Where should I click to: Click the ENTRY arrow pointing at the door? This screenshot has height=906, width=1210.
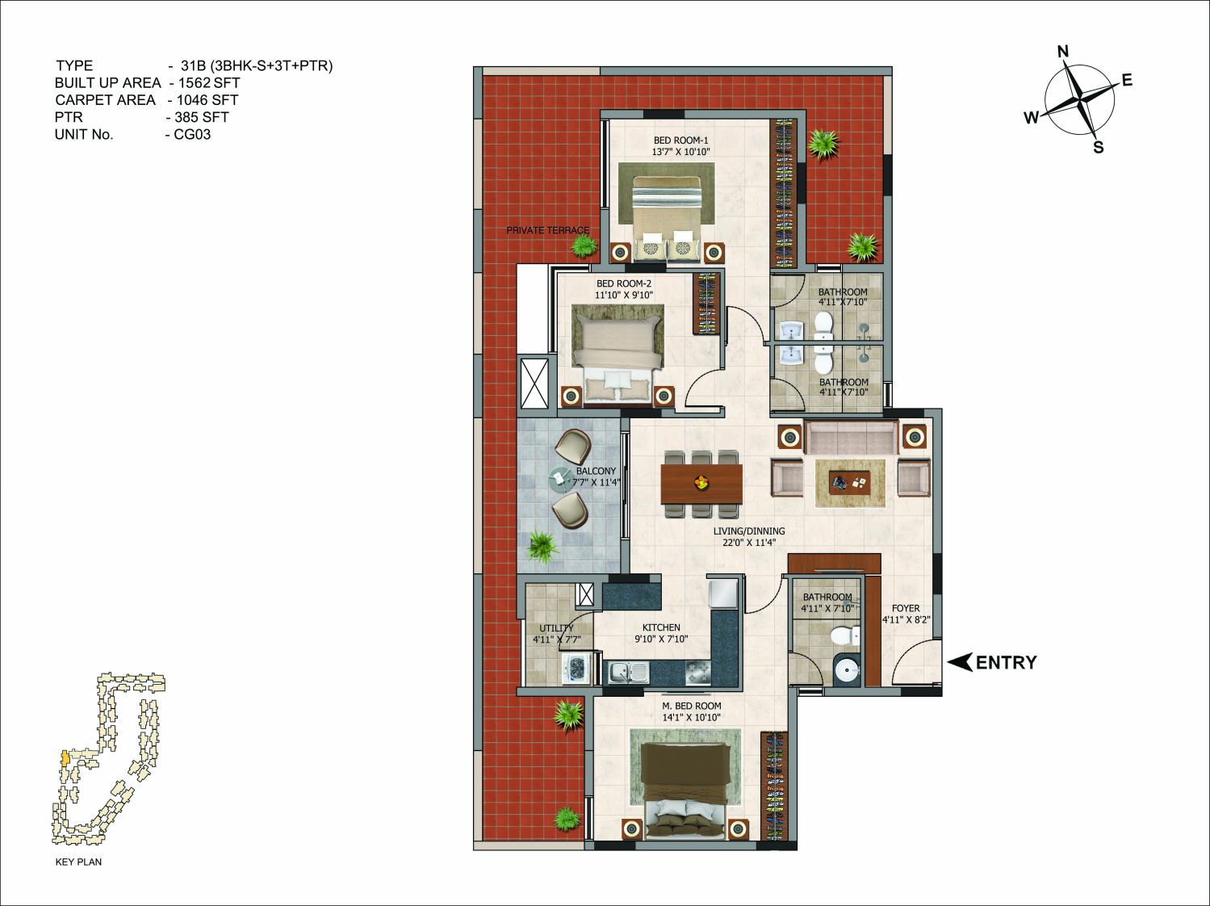960,662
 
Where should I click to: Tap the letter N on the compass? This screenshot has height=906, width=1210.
1063,52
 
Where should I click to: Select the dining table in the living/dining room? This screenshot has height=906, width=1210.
701,483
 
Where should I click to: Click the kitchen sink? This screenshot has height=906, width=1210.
629,673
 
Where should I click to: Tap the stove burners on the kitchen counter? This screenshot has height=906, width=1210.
698,673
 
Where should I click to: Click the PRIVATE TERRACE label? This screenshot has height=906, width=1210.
547,230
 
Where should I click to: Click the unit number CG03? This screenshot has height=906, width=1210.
192,135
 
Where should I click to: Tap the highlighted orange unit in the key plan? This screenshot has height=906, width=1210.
65,757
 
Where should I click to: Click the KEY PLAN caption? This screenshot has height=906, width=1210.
78,862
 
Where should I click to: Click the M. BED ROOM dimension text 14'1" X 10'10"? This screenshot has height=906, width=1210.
692,717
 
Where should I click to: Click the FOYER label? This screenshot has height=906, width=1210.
906,608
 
